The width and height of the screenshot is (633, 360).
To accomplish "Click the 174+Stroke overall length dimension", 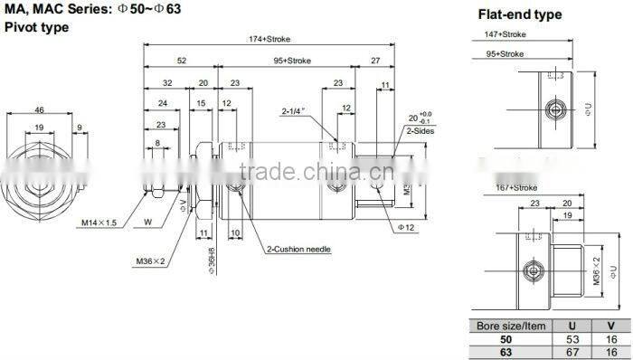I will tap(270, 39).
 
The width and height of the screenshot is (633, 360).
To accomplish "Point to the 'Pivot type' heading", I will tap(37, 27).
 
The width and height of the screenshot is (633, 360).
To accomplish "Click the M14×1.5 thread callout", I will tap(100, 222).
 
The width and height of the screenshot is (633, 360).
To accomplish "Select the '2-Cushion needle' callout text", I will tap(301, 249).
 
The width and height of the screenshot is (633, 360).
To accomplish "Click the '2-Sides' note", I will tap(420, 130).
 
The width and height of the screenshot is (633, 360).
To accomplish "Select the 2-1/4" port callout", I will tap(294, 112).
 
